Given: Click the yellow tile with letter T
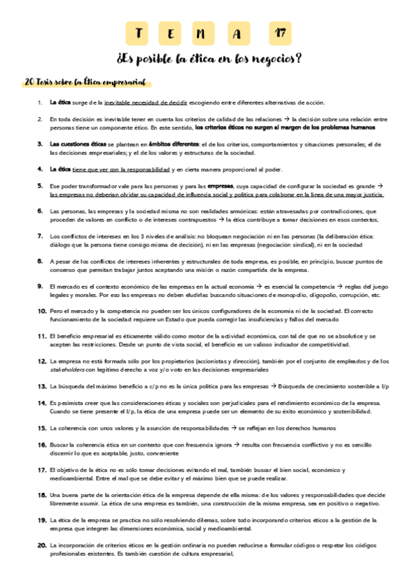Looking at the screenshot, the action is coord(140,33).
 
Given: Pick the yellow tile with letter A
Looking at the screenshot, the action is coord(239,33).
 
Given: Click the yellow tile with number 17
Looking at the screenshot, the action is coord(279,33).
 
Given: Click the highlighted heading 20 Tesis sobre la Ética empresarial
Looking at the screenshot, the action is coord(85,82).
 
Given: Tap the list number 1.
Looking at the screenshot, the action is coord(40,102).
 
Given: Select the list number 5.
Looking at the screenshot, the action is coord(40,186).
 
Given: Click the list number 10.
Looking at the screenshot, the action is coord(41,311).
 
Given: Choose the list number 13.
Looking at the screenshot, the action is coord(41,386).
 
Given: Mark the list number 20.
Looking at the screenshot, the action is coord(41,545).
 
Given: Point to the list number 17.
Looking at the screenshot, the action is coord(41,470).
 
